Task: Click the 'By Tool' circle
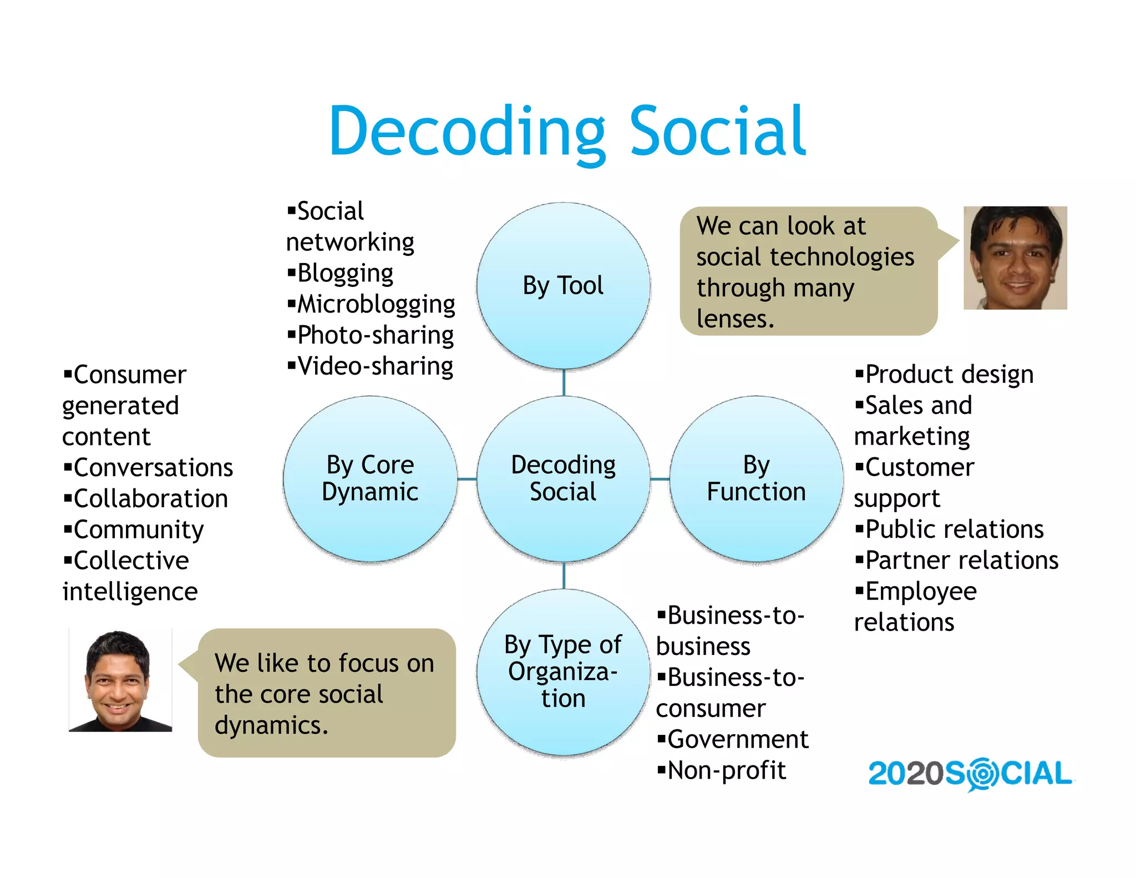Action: [x=563, y=285]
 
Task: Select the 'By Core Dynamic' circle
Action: [x=370, y=478]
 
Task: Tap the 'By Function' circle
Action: [x=756, y=478]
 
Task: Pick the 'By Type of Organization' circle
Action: [x=563, y=672]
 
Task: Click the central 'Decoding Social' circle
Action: [x=563, y=478]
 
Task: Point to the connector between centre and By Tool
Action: [x=564, y=382]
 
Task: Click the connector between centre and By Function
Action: [x=660, y=478]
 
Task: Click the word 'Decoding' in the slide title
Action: [x=467, y=132]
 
